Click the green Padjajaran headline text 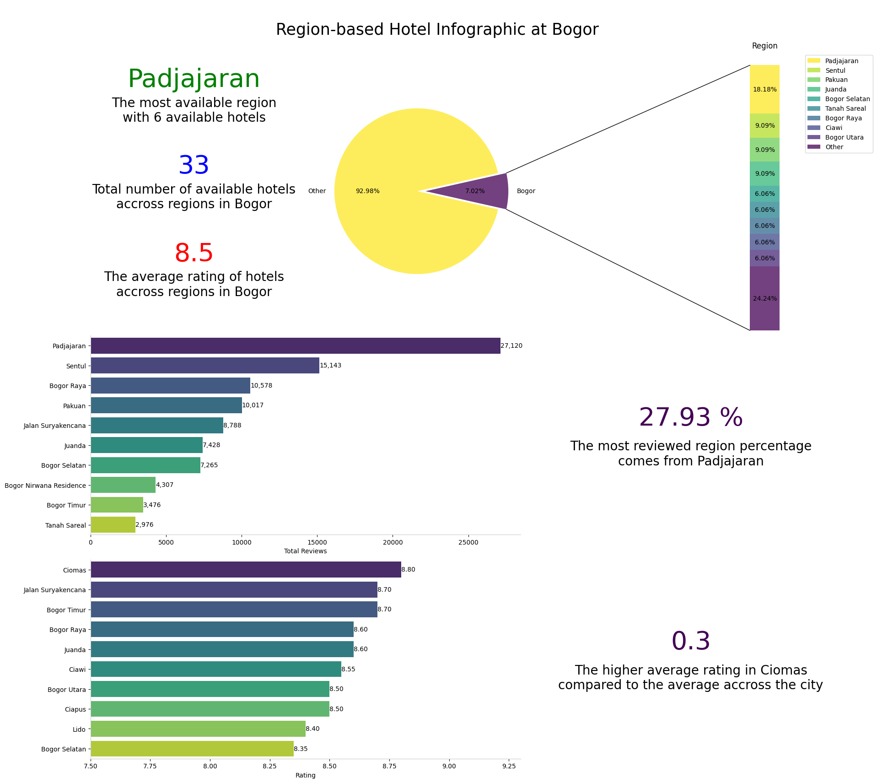[194, 79]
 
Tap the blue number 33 [194, 166]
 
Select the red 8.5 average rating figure [194, 253]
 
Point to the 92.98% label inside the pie [367, 191]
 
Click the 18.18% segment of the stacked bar [764, 89]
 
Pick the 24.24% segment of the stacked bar [764, 298]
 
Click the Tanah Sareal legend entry [845, 109]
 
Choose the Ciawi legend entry [834, 128]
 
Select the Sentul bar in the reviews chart [204, 366]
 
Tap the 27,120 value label [511, 346]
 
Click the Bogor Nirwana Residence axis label [45, 486]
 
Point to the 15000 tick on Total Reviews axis [317, 543]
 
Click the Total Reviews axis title [305, 551]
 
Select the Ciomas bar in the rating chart [246, 570]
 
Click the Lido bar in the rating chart [198, 729]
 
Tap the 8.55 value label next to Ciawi [348, 670]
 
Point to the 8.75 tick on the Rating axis [389, 766]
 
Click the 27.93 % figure [690, 418]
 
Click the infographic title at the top [437, 30]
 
